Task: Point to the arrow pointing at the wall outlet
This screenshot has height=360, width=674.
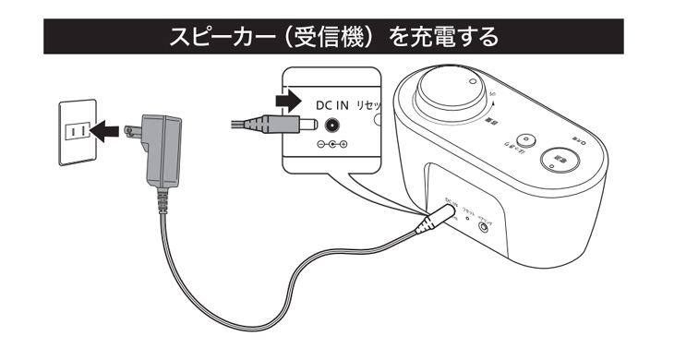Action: tap(112, 132)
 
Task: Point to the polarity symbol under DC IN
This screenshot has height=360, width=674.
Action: tap(330, 147)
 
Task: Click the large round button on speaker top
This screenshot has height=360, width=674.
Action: tap(561, 162)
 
